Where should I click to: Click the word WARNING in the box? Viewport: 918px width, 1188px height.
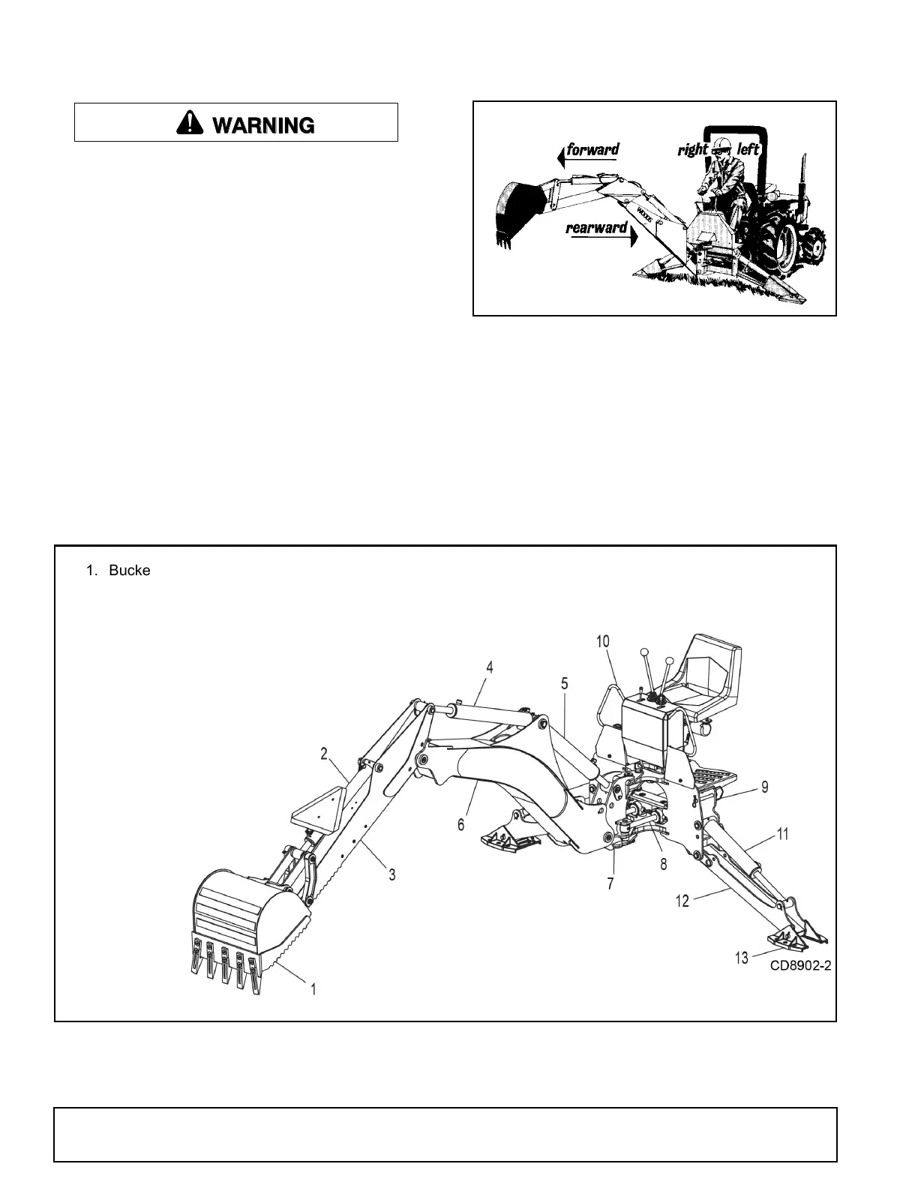click(x=263, y=124)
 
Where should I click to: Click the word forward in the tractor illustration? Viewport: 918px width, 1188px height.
click(x=592, y=149)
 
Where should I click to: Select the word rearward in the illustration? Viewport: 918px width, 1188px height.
click(x=596, y=227)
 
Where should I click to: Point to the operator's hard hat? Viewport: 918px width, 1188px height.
click(x=721, y=143)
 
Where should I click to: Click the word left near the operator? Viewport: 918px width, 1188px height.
click(x=748, y=149)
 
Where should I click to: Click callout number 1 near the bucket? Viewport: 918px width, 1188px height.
click(x=313, y=989)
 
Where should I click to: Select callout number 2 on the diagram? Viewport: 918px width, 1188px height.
click(x=324, y=754)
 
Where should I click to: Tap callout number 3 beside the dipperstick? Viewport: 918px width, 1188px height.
click(x=392, y=874)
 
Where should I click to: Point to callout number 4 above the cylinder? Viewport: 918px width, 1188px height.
click(x=489, y=667)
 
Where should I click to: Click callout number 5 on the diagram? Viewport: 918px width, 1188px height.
click(x=565, y=684)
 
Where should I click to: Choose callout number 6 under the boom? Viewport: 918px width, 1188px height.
click(x=461, y=824)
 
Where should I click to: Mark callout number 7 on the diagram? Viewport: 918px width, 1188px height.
click(x=610, y=884)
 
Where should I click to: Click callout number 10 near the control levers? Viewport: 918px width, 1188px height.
click(x=603, y=641)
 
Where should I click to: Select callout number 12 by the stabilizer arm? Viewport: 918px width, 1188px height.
click(x=682, y=901)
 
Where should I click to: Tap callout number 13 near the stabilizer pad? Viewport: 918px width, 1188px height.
click(x=741, y=958)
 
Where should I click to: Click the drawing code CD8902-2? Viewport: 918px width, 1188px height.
click(x=800, y=966)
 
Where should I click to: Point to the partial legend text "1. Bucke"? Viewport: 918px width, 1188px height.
click(x=118, y=571)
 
